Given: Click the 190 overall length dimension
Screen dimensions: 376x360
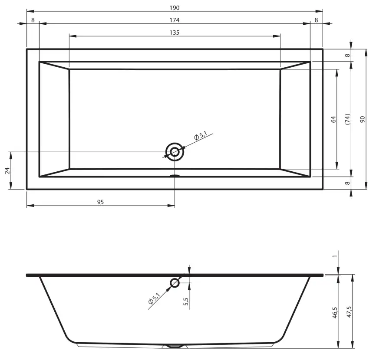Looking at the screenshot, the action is click(x=175, y=8).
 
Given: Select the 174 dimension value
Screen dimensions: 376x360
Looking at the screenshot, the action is click(x=175, y=20).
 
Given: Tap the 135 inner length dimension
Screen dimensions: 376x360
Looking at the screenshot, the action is click(x=175, y=33).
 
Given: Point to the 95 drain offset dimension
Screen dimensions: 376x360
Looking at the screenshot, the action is click(x=100, y=202).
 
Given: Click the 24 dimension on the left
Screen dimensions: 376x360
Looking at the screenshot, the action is click(x=7, y=170).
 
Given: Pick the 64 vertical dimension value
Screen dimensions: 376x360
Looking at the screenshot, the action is click(x=333, y=119).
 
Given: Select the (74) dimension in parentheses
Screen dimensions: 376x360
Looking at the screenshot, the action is click(x=347, y=119).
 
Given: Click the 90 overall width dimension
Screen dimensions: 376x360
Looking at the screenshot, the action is click(x=363, y=119).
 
